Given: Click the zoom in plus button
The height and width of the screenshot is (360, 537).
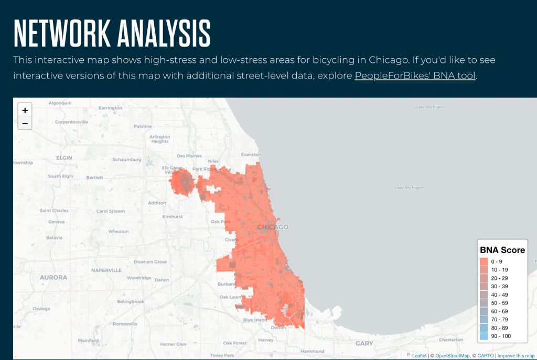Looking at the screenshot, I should (x=25, y=110).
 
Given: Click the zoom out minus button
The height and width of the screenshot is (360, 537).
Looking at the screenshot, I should (x=25, y=124).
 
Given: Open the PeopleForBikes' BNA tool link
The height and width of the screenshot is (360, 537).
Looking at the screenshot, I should (x=415, y=75).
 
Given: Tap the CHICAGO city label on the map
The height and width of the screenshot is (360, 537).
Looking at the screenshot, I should (x=273, y=227).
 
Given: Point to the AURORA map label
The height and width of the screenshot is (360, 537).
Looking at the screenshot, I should (x=53, y=277).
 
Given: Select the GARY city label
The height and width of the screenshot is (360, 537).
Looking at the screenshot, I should (x=364, y=343).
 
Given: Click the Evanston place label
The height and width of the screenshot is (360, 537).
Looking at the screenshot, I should (x=251, y=155).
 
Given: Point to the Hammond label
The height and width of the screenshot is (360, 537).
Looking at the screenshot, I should (x=313, y=351).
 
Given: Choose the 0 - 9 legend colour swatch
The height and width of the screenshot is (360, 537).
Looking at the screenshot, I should (x=484, y=261).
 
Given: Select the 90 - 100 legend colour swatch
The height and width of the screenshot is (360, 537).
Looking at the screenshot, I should (x=484, y=336).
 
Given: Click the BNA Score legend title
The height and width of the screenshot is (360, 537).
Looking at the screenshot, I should (x=502, y=250).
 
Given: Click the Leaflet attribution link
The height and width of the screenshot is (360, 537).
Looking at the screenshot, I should (x=419, y=356).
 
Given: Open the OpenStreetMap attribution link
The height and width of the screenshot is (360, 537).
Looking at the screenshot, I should (x=453, y=356).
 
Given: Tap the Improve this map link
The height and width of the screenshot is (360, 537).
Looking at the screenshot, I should (x=515, y=356).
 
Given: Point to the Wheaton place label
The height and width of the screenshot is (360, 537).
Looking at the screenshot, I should (x=118, y=231).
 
